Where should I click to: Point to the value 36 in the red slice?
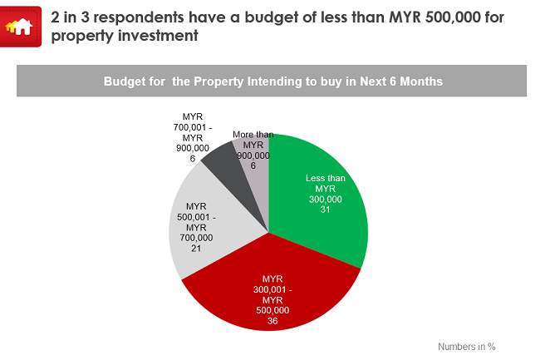tap(272, 321)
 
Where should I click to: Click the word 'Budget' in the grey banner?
tap(124, 82)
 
